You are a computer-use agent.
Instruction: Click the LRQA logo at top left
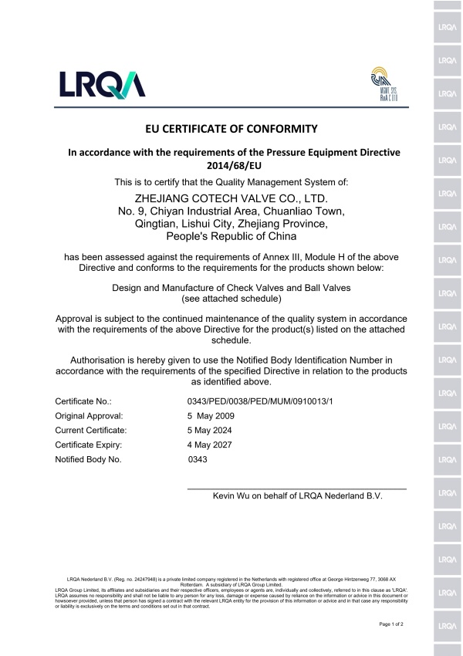[x=101, y=84]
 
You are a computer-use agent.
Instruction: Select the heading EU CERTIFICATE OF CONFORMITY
[x=231, y=127]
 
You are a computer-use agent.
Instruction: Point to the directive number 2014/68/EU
[x=231, y=165]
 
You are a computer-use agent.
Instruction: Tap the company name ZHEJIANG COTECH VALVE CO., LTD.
[x=231, y=198]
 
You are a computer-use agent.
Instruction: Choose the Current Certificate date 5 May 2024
[x=206, y=431]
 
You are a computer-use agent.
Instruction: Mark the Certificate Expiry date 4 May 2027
[x=206, y=445]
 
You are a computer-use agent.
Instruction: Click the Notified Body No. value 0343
[x=198, y=460]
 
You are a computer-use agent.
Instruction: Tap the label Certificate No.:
[x=83, y=401]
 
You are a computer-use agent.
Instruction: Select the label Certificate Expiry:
[x=90, y=445]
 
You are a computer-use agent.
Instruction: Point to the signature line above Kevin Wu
[x=297, y=489]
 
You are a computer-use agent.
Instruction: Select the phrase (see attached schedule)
[x=231, y=298]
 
